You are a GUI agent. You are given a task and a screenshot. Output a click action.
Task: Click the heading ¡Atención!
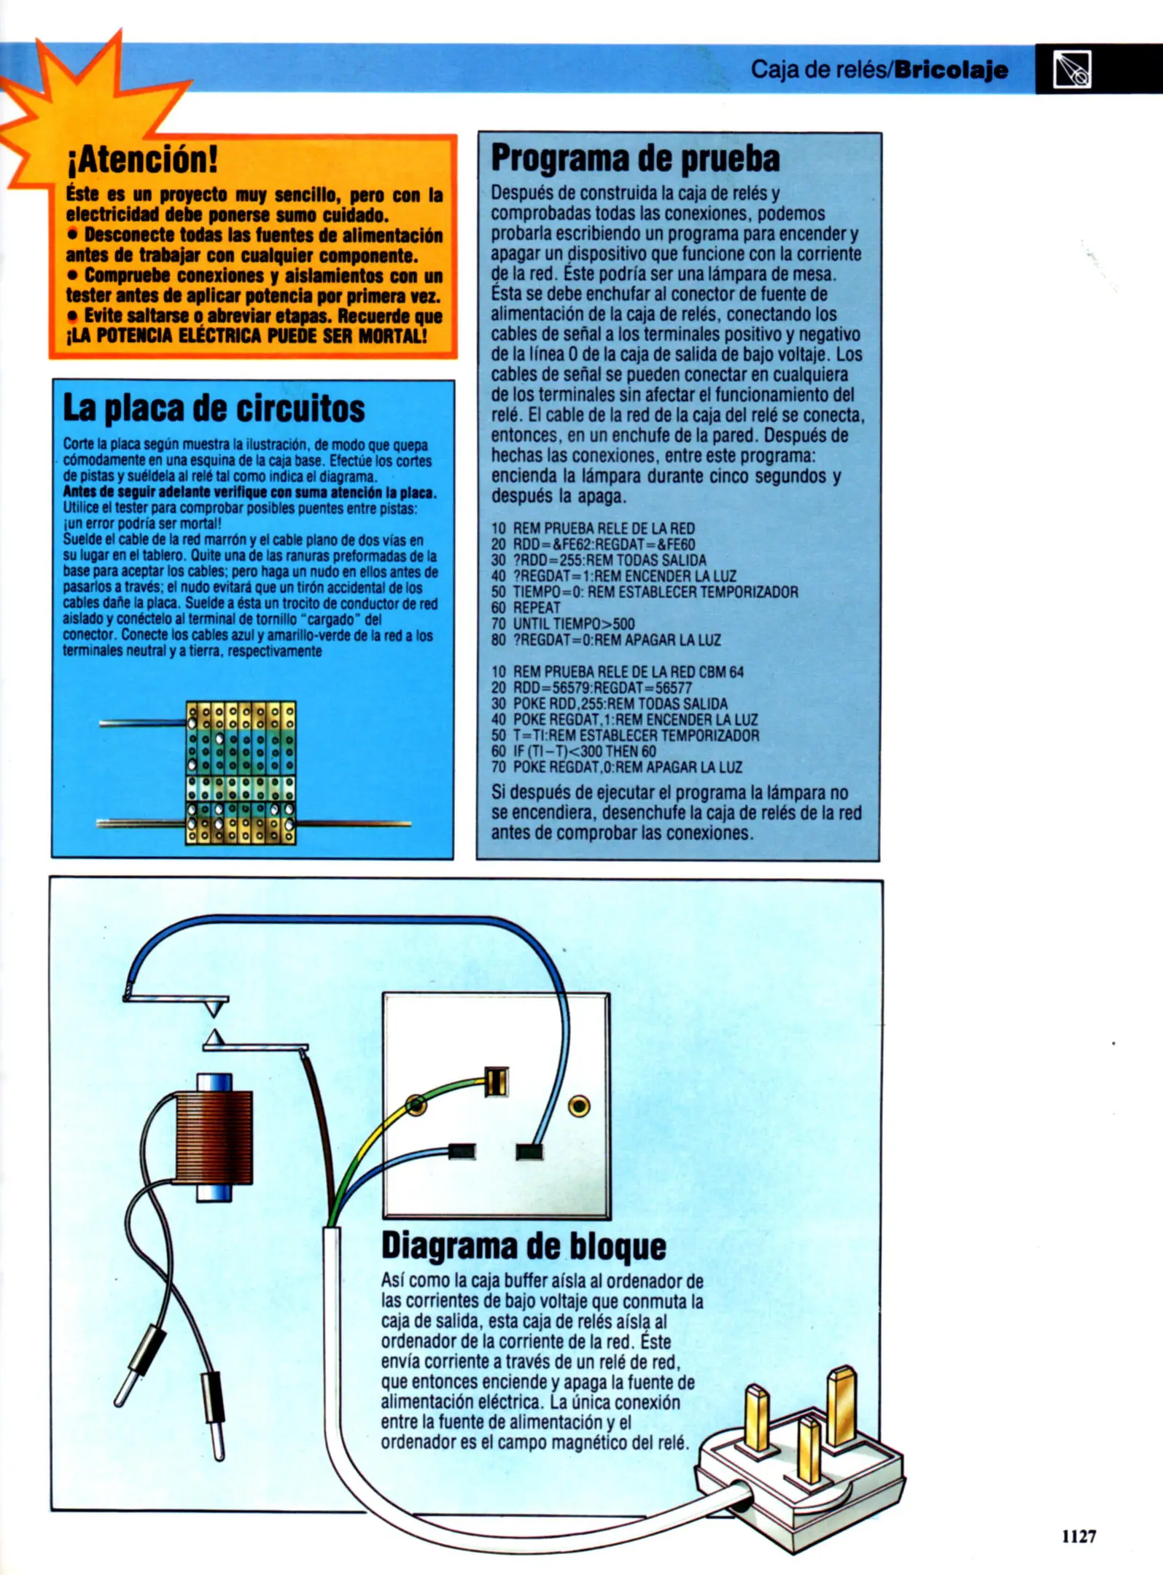[x=142, y=159]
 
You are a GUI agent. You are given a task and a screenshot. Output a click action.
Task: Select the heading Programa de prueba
[x=635, y=159]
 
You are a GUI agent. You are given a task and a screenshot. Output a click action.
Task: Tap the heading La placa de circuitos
[x=214, y=408]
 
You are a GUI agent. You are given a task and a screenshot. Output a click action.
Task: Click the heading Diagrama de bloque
[x=524, y=1247]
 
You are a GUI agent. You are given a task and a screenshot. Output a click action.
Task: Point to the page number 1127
[x=1078, y=1537]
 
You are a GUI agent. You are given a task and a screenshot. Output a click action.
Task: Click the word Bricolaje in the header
[x=952, y=70]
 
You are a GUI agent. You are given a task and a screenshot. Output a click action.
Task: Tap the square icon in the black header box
[x=1072, y=70]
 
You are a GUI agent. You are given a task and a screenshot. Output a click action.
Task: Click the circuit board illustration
[x=241, y=773]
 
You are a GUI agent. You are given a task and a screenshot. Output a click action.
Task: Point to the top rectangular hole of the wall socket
[x=496, y=1081]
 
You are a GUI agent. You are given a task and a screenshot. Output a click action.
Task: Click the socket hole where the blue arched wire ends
[x=529, y=1152]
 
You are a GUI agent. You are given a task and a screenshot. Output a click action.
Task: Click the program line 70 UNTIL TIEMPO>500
[x=573, y=624]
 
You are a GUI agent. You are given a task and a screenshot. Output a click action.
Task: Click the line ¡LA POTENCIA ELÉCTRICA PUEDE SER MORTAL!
[x=246, y=337]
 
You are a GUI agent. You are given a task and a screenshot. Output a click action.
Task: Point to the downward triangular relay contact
[x=213, y=1009]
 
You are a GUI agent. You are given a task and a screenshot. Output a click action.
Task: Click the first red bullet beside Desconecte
[x=72, y=235]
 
